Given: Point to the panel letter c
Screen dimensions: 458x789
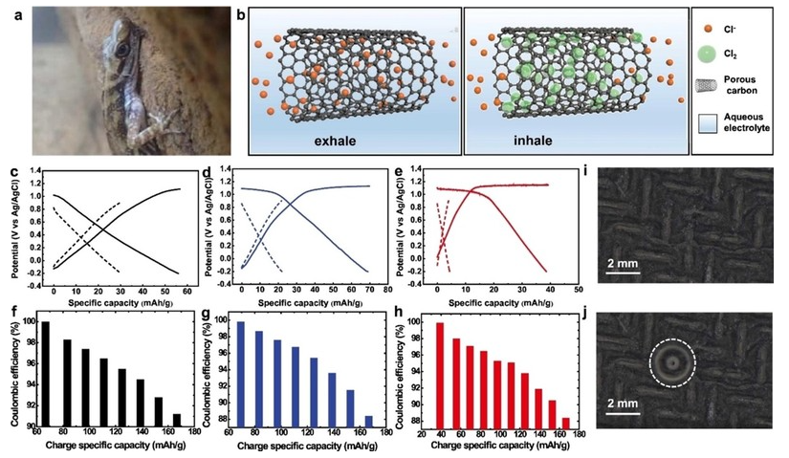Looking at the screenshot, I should coord(11,175).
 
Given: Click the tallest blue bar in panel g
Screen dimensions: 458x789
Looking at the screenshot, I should coord(240,374).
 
